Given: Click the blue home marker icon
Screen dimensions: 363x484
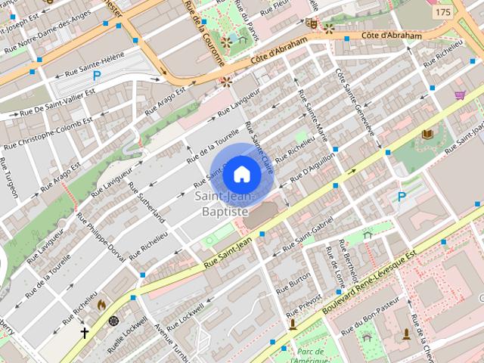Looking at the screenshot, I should coord(241,174).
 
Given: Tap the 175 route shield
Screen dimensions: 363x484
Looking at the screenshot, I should coord(442,13).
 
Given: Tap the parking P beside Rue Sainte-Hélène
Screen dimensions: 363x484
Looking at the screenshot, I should coord(97,75).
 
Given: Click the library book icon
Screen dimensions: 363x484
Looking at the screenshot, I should coord(427,135).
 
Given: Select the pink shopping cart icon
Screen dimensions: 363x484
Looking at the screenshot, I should coord(459,95).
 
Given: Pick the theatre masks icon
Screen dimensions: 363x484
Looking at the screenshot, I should coord(311,23).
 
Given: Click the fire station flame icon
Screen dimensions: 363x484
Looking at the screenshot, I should coord(101,304).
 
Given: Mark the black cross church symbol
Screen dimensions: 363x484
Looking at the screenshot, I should coord(85,332).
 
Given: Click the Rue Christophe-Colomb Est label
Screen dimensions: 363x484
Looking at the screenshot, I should coord(48,133).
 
